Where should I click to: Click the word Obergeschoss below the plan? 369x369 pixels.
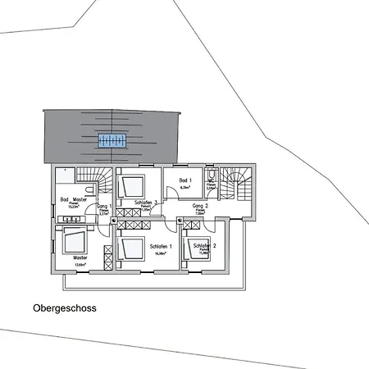65,309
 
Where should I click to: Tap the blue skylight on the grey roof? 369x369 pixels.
112,140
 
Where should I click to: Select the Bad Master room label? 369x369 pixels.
74,199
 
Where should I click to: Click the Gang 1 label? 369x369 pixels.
104,206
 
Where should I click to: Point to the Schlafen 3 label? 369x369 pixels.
145,202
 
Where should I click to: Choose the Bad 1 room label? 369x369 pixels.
184,180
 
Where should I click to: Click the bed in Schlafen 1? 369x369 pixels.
130,246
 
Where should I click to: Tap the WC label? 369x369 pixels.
211,180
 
